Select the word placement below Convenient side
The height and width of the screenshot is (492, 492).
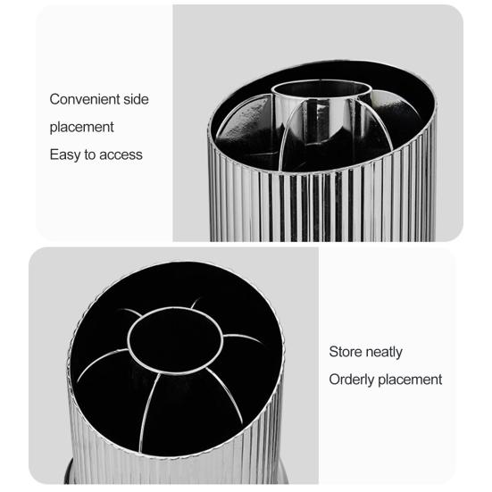(x=82, y=128)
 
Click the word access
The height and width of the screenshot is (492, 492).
(x=121, y=154)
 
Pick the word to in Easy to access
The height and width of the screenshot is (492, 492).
(x=90, y=154)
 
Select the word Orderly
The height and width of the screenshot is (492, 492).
(x=352, y=379)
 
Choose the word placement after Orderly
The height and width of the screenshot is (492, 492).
(x=410, y=379)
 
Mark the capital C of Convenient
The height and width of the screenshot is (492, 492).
(x=54, y=99)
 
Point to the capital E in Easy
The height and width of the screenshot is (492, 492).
(x=54, y=154)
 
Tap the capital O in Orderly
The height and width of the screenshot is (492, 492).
(x=335, y=379)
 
